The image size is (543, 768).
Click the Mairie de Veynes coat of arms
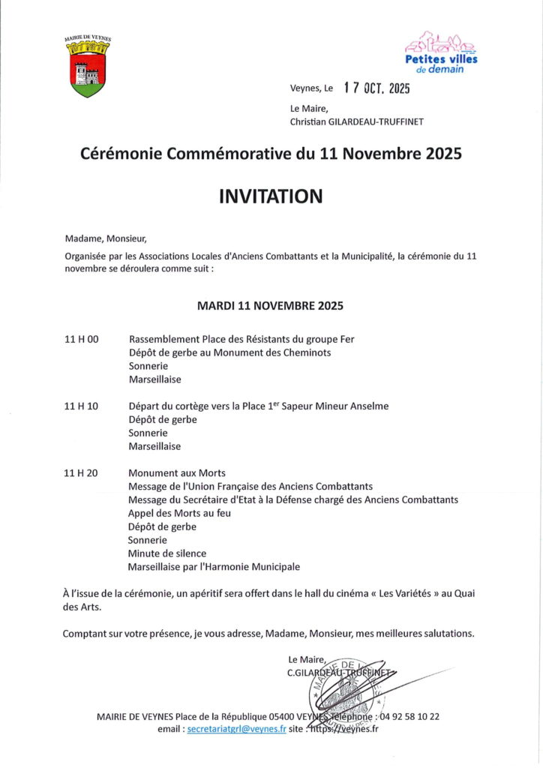tap(88, 69)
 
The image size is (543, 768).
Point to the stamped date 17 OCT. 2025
tap(377, 88)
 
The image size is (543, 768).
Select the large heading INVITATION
tap(271, 196)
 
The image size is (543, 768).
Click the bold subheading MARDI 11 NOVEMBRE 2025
tap(270, 306)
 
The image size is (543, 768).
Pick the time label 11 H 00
tap(82, 340)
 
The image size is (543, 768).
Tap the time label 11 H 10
tap(82, 406)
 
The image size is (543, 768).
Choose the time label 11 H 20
tap(82, 473)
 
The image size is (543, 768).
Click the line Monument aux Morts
tap(177, 473)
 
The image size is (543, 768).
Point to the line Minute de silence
tap(167, 553)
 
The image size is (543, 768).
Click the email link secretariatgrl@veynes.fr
tap(237, 728)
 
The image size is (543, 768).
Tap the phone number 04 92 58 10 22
tap(409, 716)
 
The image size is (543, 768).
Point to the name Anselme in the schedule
tap(367, 406)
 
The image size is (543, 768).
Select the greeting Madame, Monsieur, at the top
tap(106, 239)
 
